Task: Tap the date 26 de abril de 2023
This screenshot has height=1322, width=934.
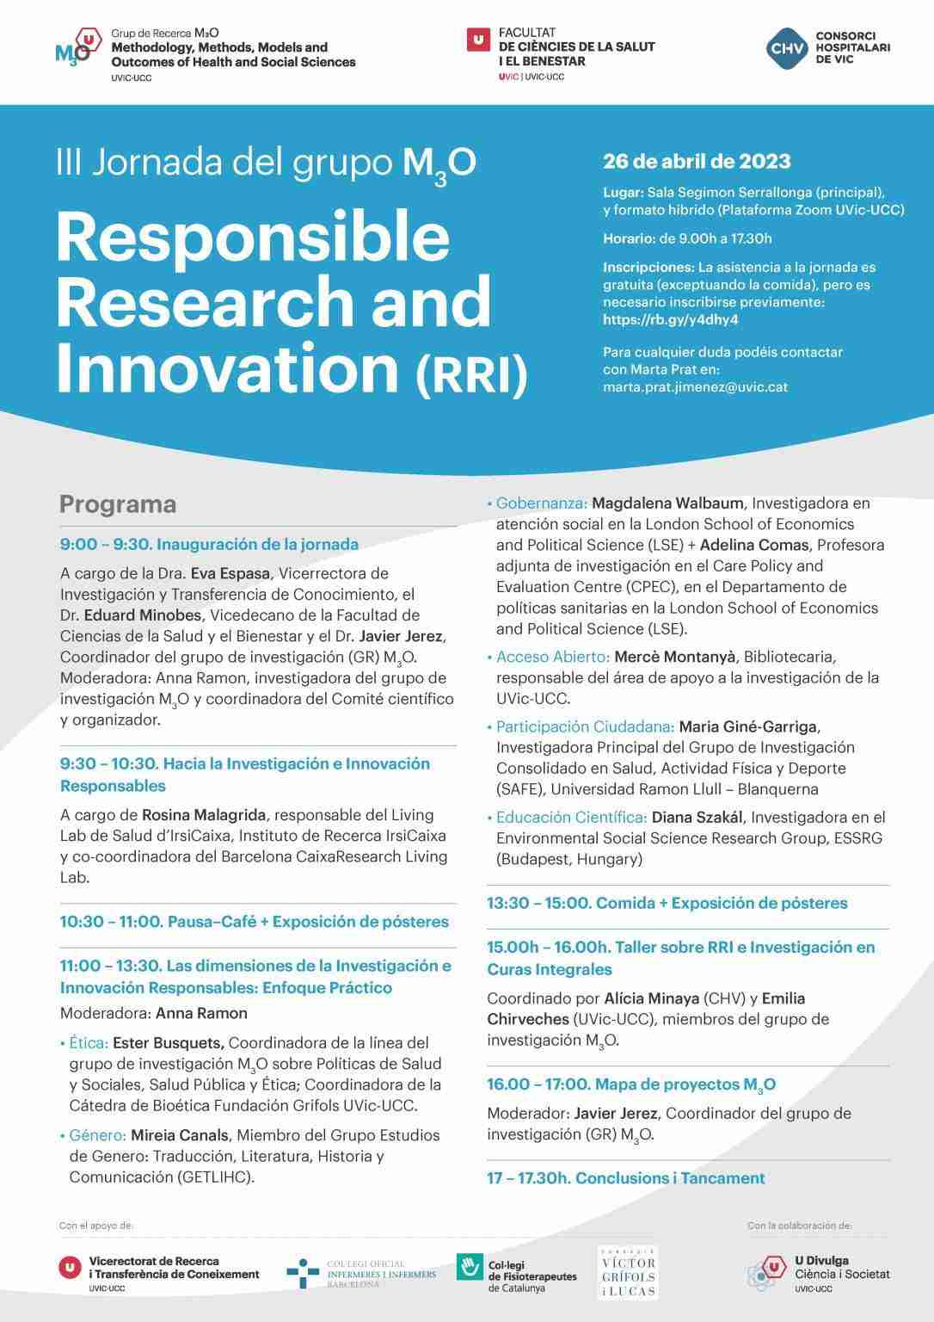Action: tap(697, 161)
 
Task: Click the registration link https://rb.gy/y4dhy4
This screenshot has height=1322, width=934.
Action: tap(671, 319)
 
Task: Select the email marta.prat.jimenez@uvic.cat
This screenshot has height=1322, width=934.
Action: tap(695, 386)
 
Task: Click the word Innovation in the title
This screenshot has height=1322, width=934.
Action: tap(228, 368)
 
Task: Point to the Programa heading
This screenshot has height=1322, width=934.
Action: tap(118, 504)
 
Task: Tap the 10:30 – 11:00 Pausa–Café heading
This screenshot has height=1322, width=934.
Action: tap(255, 922)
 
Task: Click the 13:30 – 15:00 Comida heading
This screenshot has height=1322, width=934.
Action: tap(667, 903)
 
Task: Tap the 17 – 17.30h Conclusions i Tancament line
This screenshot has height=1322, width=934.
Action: tap(625, 1178)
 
